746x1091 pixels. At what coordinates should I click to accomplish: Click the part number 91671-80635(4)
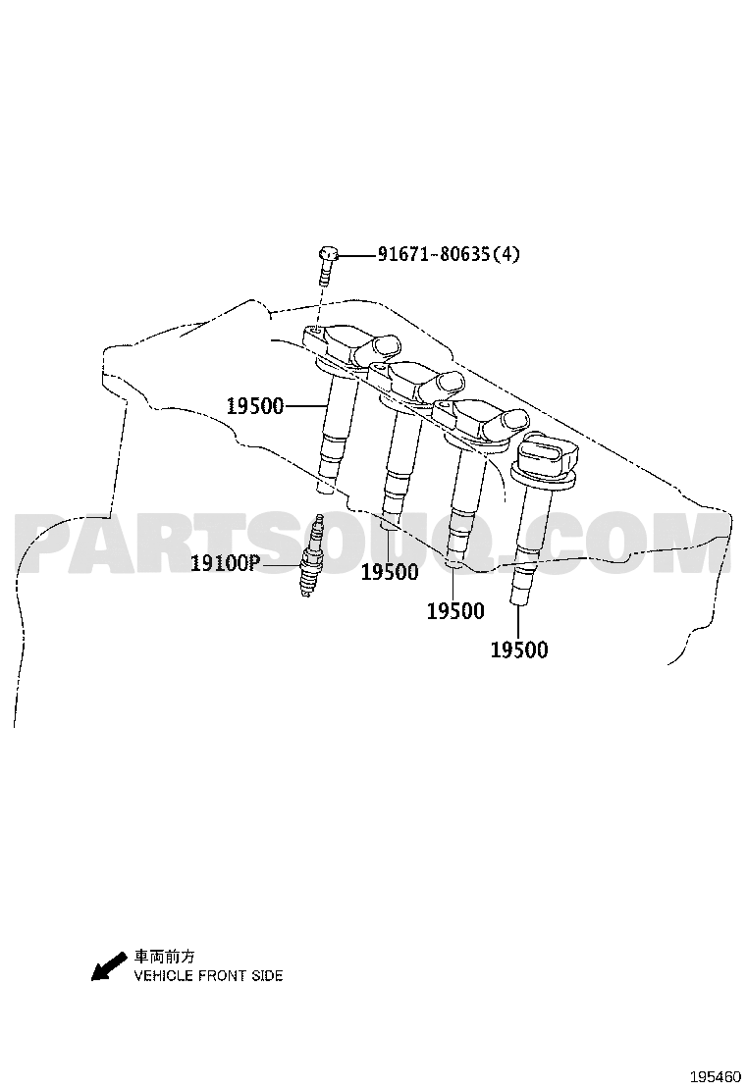pos(449,255)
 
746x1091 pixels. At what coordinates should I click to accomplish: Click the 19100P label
pos(224,563)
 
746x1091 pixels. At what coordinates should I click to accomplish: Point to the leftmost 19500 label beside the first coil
pos(255,406)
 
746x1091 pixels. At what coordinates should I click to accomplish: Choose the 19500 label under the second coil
pos(390,572)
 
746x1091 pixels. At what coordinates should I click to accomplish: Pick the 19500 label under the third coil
pos(455,611)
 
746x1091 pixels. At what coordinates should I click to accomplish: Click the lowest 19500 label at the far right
pos(519,649)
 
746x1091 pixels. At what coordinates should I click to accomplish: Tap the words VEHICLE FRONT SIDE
pos(209,976)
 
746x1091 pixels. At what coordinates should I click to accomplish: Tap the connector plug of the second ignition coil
pos(442,387)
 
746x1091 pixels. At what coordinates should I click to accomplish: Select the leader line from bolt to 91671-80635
pos(357,255)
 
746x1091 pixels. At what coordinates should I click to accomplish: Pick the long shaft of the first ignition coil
pos(337,432)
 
